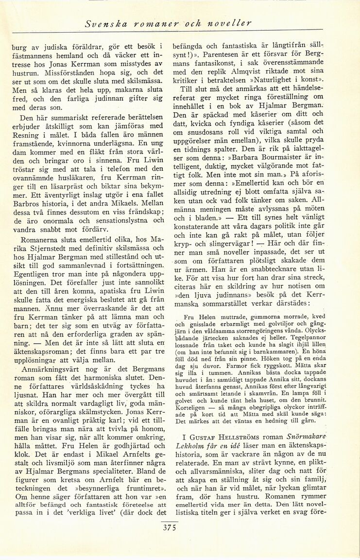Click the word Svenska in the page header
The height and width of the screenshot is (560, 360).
(100, 22)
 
